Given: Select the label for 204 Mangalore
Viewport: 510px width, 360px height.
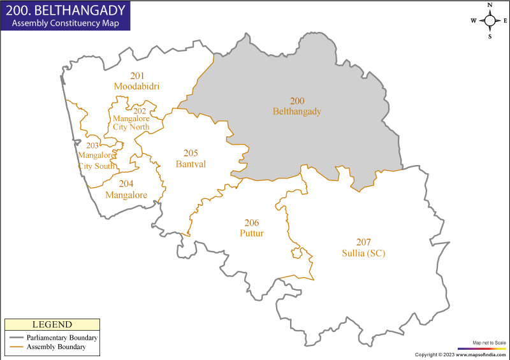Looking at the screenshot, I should click(126, 189).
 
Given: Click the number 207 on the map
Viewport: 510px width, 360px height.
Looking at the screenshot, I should click(363, 243).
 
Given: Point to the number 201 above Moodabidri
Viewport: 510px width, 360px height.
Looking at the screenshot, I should click(137, 76).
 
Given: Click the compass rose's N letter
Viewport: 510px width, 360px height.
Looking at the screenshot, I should click(490, 5).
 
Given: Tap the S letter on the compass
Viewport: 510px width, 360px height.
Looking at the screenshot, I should click(490, 36).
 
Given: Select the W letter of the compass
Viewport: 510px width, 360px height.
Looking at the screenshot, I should click(474, 20).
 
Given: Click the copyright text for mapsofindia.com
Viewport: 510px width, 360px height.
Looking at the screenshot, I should click(460, 354).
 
